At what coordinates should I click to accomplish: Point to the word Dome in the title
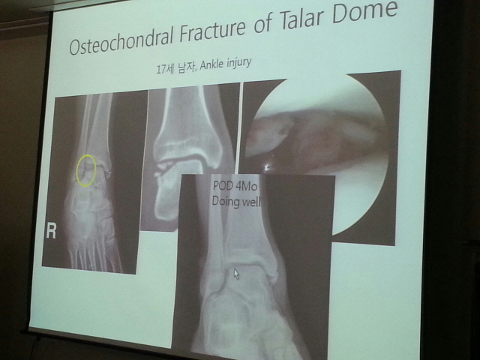click(x=364, y=12)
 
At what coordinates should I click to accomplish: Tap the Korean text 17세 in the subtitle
click(x=165, y=69)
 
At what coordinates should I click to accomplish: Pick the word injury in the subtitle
click(x=239, y=63)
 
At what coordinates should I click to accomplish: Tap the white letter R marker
click(x=51, y=231)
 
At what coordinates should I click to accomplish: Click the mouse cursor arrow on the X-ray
click(x=236, y=274)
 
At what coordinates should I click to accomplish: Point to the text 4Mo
click(x=248, y=187)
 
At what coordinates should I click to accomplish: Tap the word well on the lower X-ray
click(x=250, y=202)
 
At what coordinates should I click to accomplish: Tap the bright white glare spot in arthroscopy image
click(x=266, y=167)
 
